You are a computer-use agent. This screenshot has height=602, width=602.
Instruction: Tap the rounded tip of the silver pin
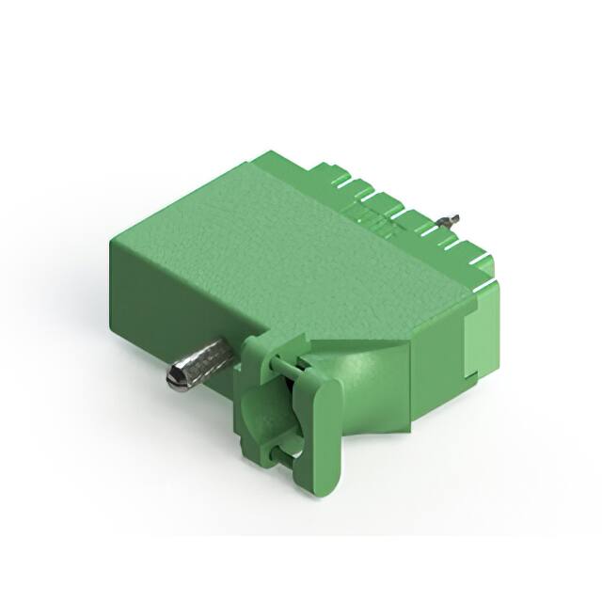[175, 379]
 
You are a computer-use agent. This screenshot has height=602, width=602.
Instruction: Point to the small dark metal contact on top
[451, 221]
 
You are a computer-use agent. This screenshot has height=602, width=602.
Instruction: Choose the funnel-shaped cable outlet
[372, 386]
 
